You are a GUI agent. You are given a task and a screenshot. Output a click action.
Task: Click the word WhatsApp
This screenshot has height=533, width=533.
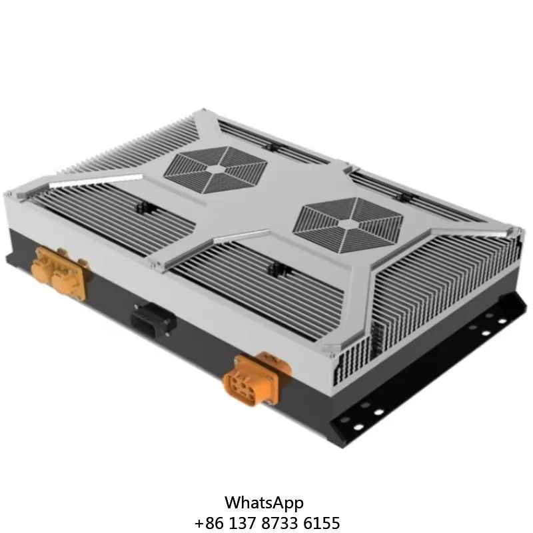pyautogui.click(x=264, y=502)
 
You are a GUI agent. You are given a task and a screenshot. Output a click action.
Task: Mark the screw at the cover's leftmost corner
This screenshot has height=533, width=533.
pyautogui.click(x=9, y=194)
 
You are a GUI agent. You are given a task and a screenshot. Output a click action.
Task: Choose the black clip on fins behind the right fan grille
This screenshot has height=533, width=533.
pyautogui.click(x=403, y=198)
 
